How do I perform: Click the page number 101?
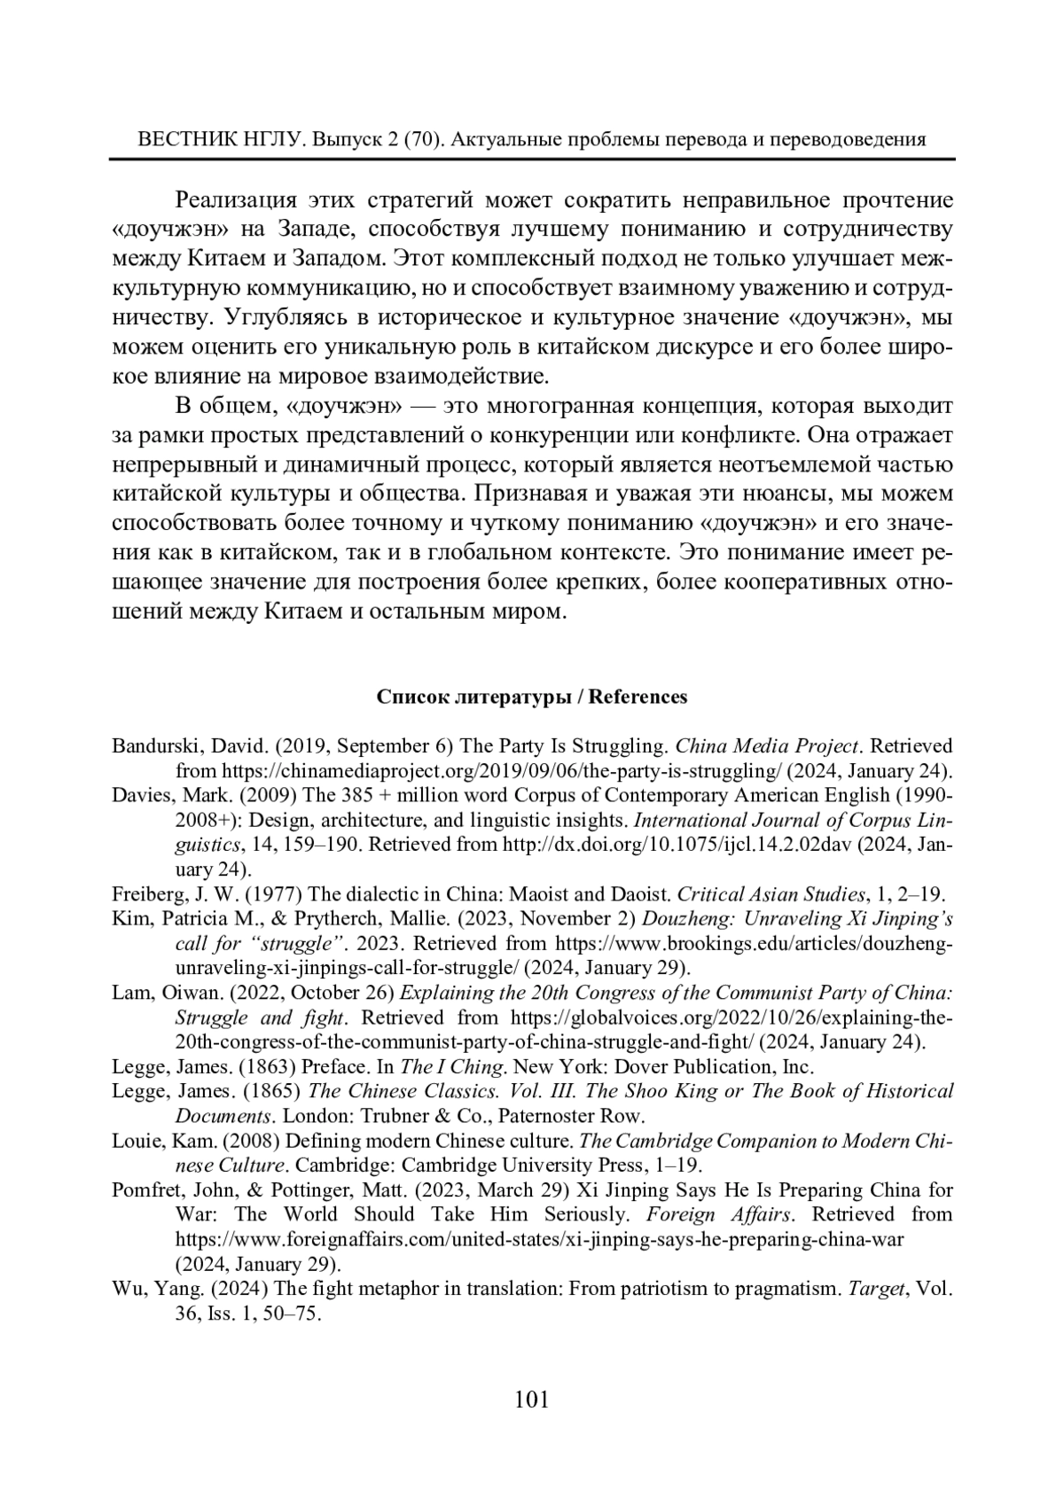pyautogui.click(x=532, y=1400)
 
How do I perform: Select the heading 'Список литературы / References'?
pyautogui.click(x=532, y=697)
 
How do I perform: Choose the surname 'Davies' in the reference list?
pyautogui.click(x=139, y=794)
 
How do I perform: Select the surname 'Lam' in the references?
pyautogui.click(x=130, y=992)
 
